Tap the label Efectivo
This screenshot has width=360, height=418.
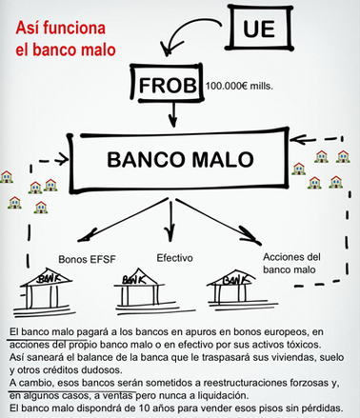pyautogui.click(x=172, y=257)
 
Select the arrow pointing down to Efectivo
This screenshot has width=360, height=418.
pyautogui.click(x=171, y=224)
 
